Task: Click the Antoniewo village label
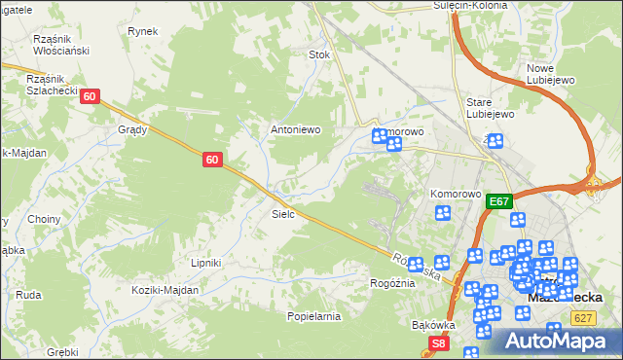pos(295,129)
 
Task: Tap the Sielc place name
pos(283,213)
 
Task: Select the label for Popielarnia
pos(312,316)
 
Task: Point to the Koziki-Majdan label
pos(167,290)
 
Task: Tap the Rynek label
pos(142,31)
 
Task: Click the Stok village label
pos(319,55)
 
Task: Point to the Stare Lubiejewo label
pos(490,107)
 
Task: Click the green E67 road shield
pos(499,201)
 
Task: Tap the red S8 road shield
pos(440,342)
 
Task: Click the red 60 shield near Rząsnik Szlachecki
pos(90,96)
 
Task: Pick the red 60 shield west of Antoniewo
pos(214,159)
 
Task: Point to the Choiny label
pos(44,220)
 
